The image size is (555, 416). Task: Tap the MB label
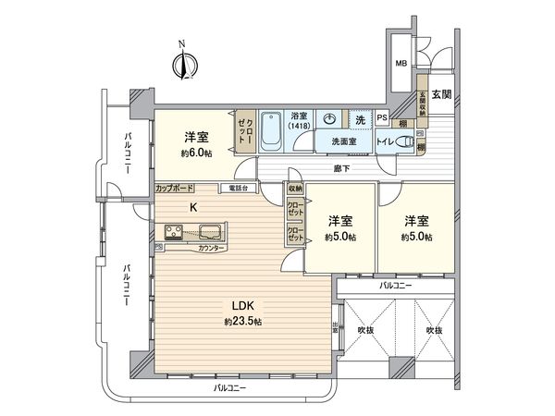[401, 64]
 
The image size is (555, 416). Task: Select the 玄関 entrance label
[441, 94]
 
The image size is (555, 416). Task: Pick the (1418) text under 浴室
[301, 126]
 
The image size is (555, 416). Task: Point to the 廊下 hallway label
[342, 169]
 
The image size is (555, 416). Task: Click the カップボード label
[174, 188]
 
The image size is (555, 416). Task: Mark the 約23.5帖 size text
[243, 322]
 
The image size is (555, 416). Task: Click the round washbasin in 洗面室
[330, 119]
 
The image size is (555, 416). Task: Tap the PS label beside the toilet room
[381, 117]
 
